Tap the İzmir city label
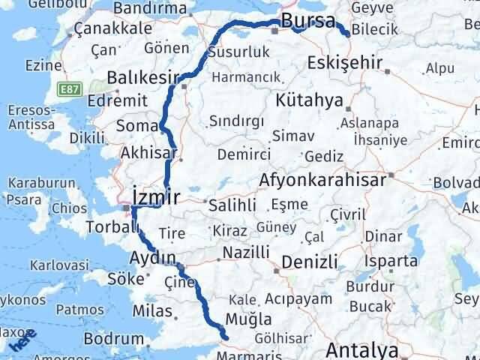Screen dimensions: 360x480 coord(155,197)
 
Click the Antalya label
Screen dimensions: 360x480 coord(361,349)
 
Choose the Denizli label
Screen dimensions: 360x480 coord(310,262)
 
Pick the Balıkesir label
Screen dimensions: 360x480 coord(142,77)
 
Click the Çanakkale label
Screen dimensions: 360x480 coord(112,28)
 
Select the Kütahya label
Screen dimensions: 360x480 coord(319,100)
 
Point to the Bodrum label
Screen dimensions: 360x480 coord(113,339)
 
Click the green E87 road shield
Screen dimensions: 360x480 coord(70,89)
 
